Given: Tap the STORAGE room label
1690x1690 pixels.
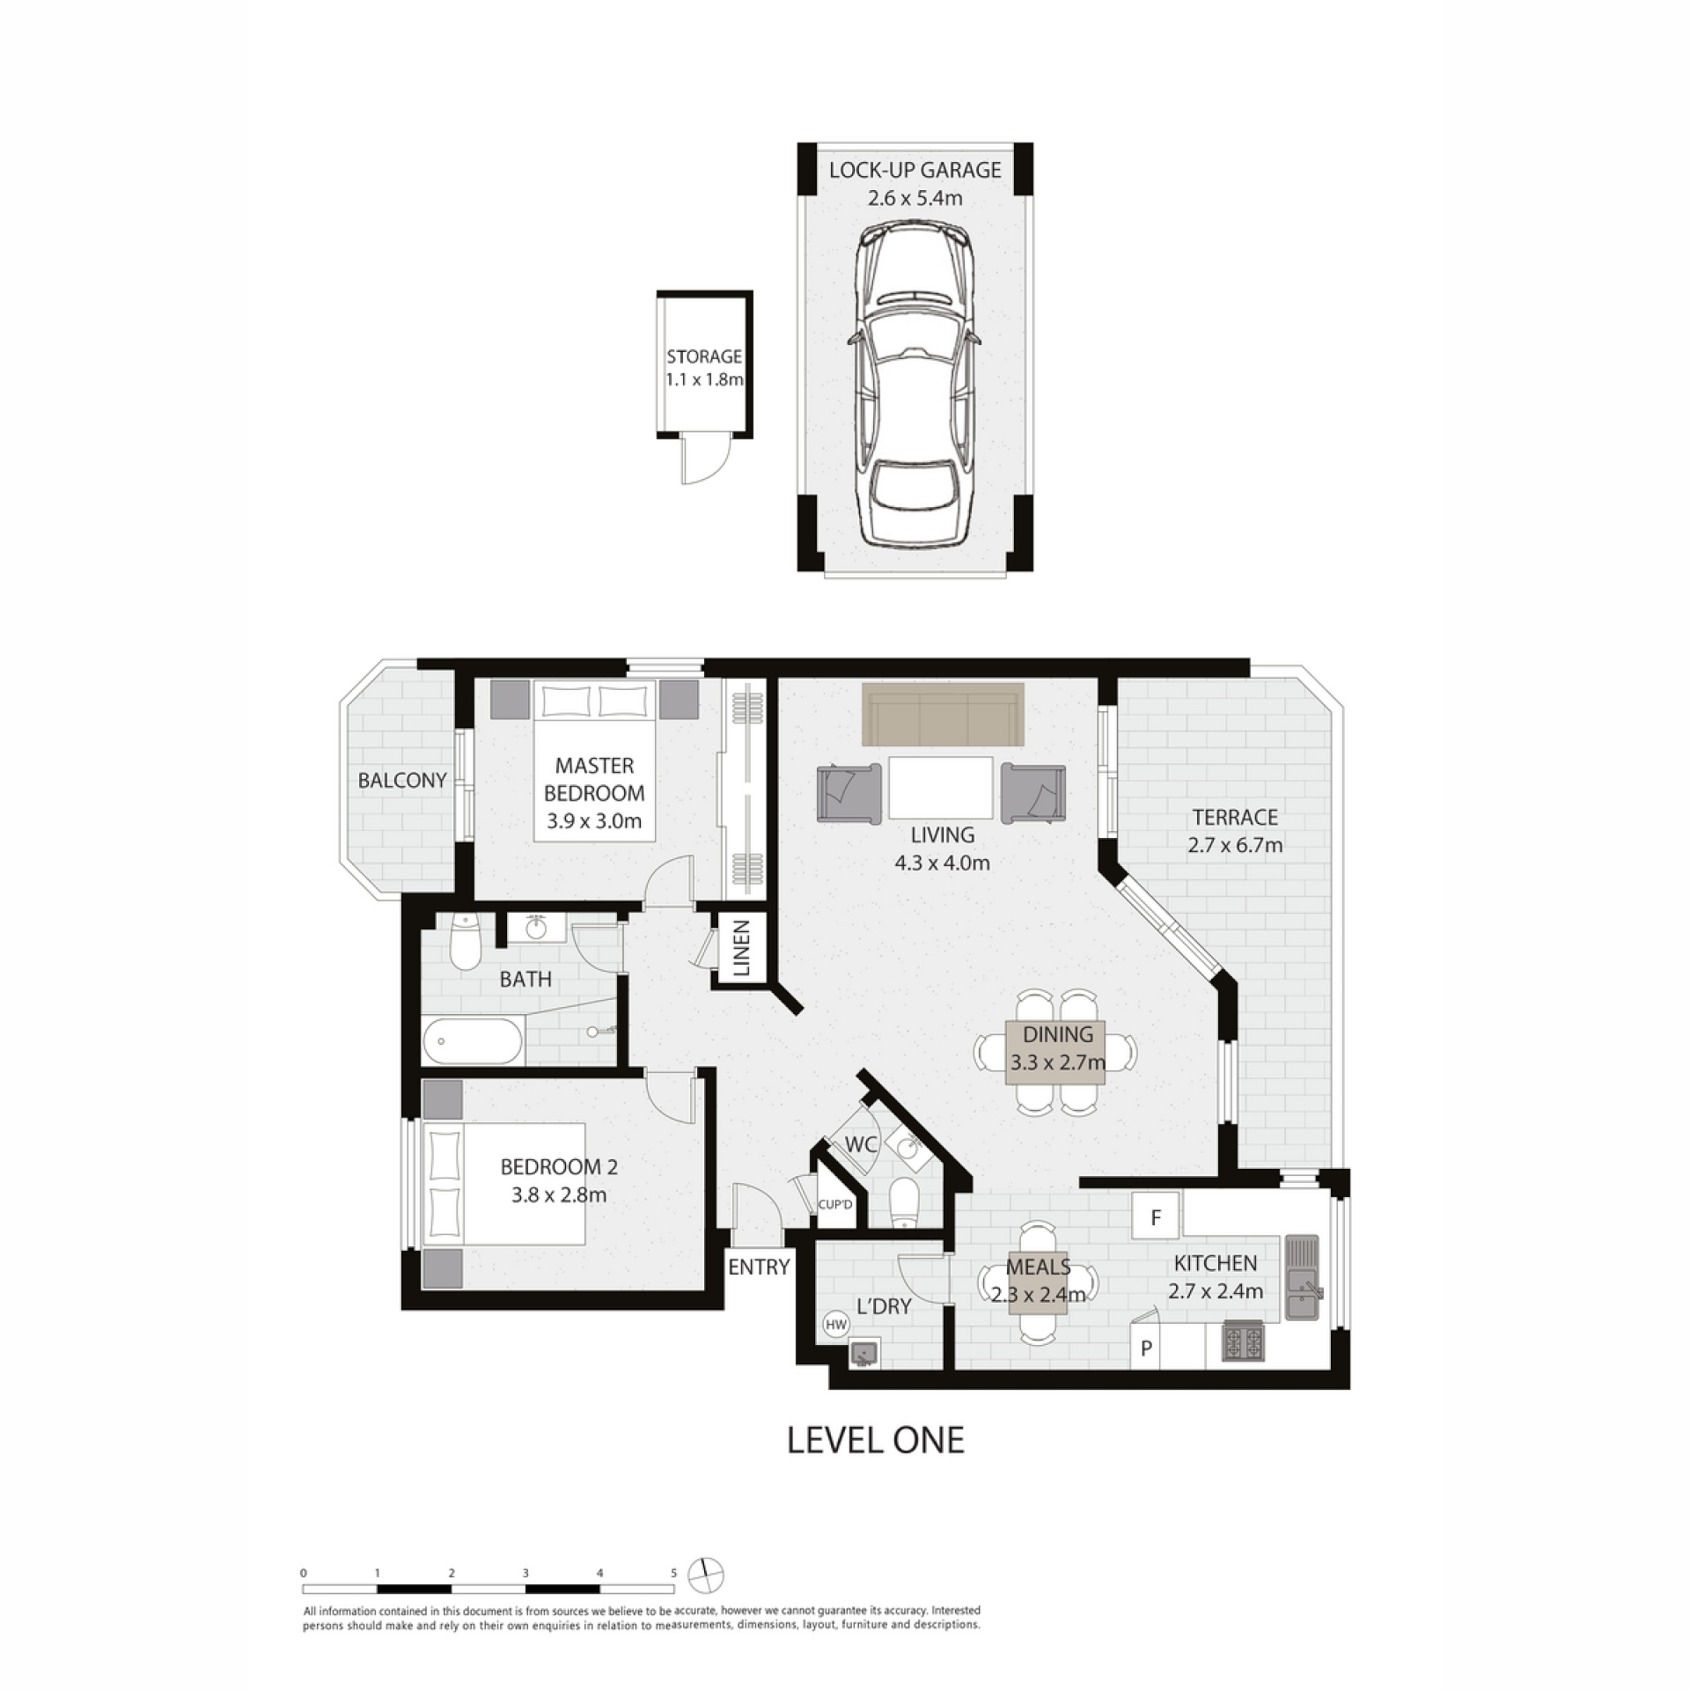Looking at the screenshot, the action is tap(704, 356).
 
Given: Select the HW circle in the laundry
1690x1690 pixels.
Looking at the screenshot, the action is tap(835, 1323).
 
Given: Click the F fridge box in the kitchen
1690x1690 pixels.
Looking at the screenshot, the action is tap(1157, 1217).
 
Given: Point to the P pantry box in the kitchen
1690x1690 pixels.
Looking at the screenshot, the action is tap(1146, 1348).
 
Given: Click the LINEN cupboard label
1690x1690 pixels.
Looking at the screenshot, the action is tap(741, 948).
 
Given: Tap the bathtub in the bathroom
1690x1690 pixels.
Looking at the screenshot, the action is tap(473, 1041).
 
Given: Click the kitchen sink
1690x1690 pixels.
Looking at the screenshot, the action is tap(1304, 1277).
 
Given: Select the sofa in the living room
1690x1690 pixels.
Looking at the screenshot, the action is tap(943, 715).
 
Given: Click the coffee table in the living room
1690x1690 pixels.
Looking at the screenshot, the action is tap(941, 788).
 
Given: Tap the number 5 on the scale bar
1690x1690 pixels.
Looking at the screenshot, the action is tap(673, 1573).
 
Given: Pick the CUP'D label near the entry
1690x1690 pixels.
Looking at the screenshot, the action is tap(835, 1205).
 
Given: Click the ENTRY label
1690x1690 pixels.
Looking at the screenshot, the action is tap(759, 1267).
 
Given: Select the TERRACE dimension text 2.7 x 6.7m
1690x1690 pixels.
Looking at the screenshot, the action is tap(1235, 846).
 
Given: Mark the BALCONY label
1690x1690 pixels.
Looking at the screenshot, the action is tap(402, 780).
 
